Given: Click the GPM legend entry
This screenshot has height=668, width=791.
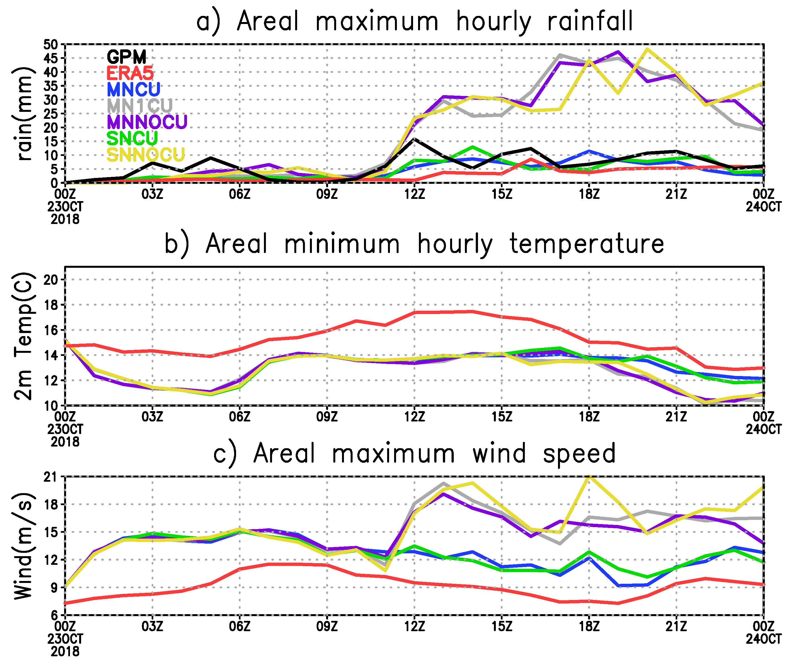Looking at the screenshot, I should [126, 57].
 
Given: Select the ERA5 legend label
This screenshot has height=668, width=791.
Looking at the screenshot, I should [130, 73].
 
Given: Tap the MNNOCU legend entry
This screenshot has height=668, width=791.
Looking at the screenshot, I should [147, 122].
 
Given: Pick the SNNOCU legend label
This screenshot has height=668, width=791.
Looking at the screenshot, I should [146, 155].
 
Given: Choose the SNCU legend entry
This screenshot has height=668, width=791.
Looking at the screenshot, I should [132, 138].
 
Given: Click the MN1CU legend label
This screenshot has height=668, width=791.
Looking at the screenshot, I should [140, 105].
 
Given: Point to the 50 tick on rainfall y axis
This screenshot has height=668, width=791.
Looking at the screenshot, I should [50, 45].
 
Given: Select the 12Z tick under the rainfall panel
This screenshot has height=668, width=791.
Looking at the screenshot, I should [414, 194].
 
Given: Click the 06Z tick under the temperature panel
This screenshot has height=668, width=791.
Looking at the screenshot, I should [240, 417].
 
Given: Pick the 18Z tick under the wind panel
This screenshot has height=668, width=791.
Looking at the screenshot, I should [589, 627].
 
